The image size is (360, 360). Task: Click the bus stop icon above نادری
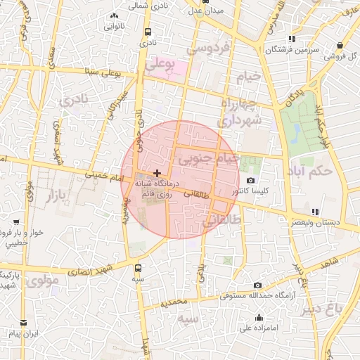tap(148, 32)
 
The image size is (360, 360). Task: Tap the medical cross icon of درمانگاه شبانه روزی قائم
tap(156, 172)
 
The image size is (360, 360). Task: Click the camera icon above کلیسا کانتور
tap(251, 181)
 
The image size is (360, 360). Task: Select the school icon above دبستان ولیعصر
tap(314, 212)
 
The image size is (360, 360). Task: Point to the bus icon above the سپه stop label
tap(138, 268)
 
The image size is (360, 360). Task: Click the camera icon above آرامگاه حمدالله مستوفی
tap(257, 285)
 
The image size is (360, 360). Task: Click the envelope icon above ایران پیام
tap(24, 322)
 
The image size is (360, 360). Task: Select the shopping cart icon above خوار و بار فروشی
tap(6, 221)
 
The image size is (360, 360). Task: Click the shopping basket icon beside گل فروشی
tap(328, 56)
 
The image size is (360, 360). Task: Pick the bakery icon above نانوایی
tap(115, 15)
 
